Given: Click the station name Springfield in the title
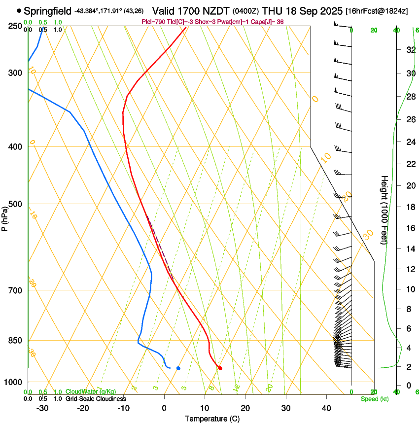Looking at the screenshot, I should [48, 11].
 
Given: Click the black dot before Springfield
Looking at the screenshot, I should [19, 10].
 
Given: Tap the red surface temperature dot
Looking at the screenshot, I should [220, 368].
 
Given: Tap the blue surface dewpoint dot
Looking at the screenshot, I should [178, 368].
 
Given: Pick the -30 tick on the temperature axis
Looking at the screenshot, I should [42, 408].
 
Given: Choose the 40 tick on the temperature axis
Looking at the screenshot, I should [326, 408].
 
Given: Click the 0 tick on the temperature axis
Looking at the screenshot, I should [164, 408].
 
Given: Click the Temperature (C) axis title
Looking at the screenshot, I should [212, 419].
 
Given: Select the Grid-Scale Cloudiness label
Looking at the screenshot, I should [96, 399].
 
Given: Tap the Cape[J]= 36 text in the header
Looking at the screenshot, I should [268, 22].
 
